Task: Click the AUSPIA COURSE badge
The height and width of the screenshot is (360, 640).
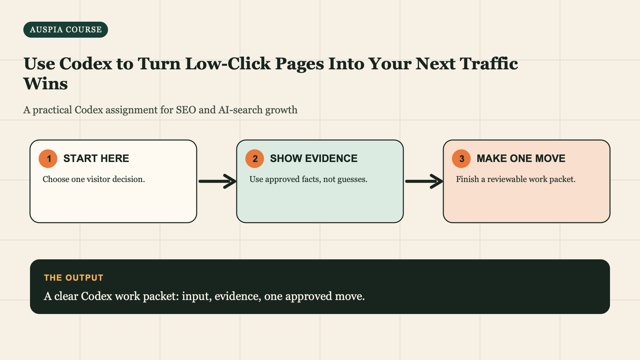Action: [x=66, y=30]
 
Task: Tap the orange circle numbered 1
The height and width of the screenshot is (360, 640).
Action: [x=48, y=159]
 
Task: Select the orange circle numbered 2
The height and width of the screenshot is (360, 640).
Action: [x=255, y=159]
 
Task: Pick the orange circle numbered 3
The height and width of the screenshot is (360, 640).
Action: [x=461, y=159]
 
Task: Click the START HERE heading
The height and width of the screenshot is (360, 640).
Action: [x=96, y=158]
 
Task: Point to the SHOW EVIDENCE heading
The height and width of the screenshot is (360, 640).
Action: [x=314, y=158]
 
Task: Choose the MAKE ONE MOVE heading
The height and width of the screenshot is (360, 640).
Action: [x=521, y=158]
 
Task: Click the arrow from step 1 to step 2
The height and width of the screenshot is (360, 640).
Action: [x=217, y=181]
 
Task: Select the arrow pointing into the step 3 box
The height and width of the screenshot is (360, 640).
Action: [x=424, y=181]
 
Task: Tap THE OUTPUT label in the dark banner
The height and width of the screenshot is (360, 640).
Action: [x=74, y=278]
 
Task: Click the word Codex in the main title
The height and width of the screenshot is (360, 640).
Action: [x=86, y=63]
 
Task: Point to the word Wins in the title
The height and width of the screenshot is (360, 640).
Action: [x=46, y=83]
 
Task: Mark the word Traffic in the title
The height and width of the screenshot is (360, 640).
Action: [x=489, y=63]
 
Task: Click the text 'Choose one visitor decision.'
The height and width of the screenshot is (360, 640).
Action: [x=94, y=179]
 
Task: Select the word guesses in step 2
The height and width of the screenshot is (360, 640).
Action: [x=352, y=179]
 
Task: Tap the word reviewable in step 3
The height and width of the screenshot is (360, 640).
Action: [x=507, y=179]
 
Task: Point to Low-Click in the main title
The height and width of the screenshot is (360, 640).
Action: [x=228, y=63]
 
